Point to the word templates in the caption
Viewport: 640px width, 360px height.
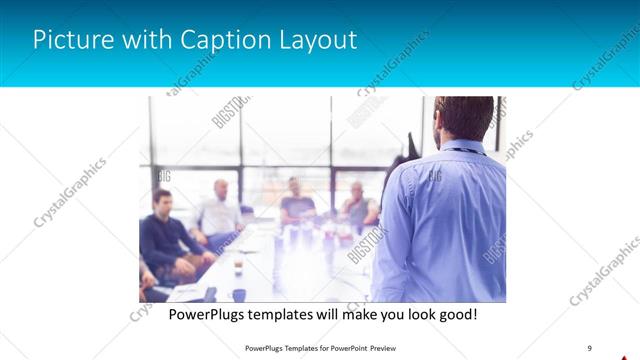[x=293, y=314]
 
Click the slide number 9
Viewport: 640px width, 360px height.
[x=590, y=348]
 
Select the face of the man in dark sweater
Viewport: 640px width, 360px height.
[x=162, y=202]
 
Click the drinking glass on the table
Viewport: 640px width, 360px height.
[x=237, y=267]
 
